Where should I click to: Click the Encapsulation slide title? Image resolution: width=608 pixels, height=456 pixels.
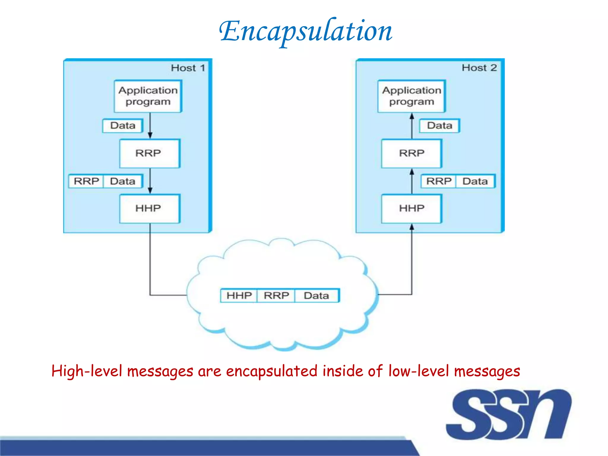306,31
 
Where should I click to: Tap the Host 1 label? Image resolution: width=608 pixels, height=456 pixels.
188,68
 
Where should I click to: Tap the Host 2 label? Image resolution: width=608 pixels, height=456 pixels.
479,68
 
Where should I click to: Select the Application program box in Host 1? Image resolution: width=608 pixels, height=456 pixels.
148,96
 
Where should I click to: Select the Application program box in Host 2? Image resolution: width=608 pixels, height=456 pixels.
411,96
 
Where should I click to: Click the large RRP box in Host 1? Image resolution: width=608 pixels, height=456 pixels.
149,153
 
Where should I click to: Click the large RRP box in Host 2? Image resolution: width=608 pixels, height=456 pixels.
411,153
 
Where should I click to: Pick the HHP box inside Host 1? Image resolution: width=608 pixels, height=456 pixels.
149,208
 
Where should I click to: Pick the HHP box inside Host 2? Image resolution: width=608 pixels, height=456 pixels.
411,208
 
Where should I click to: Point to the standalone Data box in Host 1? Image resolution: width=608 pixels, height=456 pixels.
123,126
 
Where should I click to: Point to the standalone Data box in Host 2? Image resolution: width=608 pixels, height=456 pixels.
439,126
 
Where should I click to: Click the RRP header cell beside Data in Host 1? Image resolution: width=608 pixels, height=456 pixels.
86,181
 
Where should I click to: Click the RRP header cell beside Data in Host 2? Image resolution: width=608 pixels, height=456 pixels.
438,181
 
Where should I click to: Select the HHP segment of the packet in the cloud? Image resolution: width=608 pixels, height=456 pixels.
239,295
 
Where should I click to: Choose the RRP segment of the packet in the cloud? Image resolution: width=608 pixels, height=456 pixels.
276,295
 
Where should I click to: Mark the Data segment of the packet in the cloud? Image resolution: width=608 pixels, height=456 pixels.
316,295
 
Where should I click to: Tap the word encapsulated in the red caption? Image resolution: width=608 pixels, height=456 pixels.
272,371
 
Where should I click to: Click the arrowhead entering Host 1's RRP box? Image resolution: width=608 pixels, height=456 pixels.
150,136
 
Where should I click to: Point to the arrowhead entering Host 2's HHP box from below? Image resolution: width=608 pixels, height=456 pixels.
412,227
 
